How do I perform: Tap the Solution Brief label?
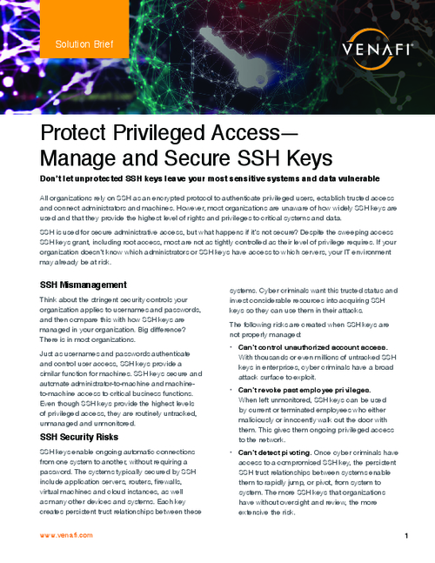(80, 43)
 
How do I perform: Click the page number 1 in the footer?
(406, 536)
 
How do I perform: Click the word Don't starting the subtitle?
(54, 178)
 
